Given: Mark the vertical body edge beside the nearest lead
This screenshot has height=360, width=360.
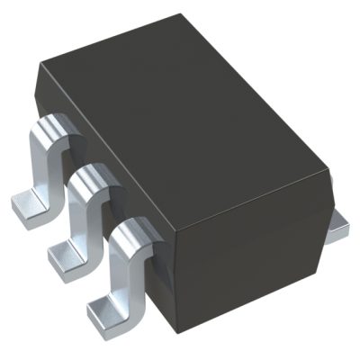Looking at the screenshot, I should tap(162, 279).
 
